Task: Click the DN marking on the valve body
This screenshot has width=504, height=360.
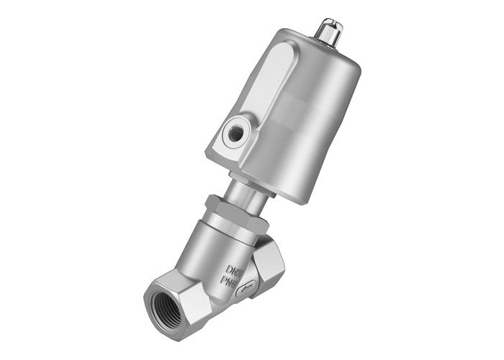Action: tap(235, 271)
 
